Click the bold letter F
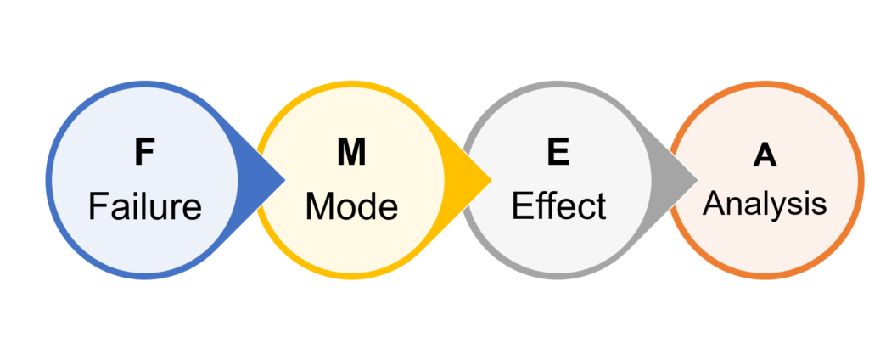click(144, 153)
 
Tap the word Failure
click(144, 206)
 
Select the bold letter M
click(351, 153)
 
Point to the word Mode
click(351, 206)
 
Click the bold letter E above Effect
click(558, 153)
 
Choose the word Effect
click(558, 206)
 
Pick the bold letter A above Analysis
click(765, 156)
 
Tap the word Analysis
click(765, 205)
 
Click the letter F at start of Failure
click(97, 206)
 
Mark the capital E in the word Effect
click(520, 206)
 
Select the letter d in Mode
click(367, 206)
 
